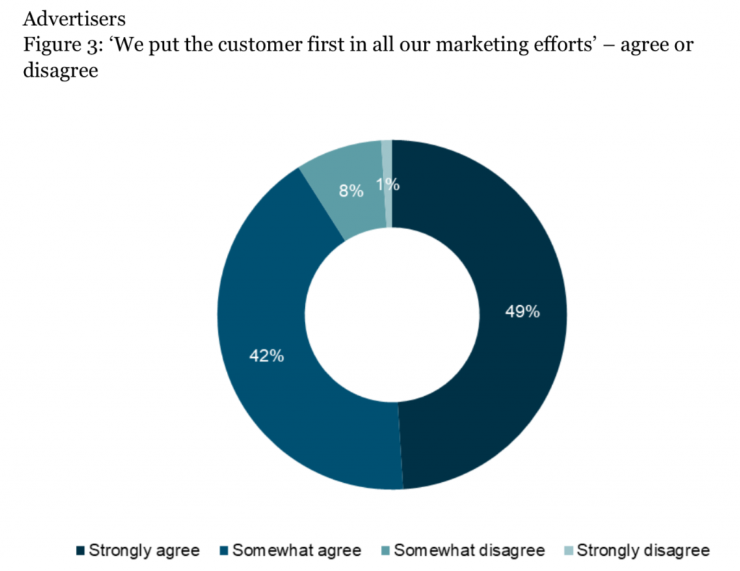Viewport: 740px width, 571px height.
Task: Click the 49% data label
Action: point(522,312)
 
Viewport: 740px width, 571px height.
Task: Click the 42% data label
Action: point(266,356)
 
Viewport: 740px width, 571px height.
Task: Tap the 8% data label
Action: point(351,192)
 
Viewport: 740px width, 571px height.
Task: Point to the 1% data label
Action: point(388,184)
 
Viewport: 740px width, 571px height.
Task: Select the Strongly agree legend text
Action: point(145,551)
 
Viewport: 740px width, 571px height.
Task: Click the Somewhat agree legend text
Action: point(297,551)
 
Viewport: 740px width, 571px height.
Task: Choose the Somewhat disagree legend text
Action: point(470,551)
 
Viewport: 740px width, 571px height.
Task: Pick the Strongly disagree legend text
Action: point(643,551)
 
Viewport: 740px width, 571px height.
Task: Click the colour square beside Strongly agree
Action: point(81,551)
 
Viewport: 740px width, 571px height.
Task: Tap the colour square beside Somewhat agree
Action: point(224,551)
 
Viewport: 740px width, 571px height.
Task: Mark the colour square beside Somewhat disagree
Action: point(386,551)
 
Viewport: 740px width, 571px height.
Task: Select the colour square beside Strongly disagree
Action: point(568,551)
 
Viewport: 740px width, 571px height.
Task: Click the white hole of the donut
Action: point(392,314)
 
